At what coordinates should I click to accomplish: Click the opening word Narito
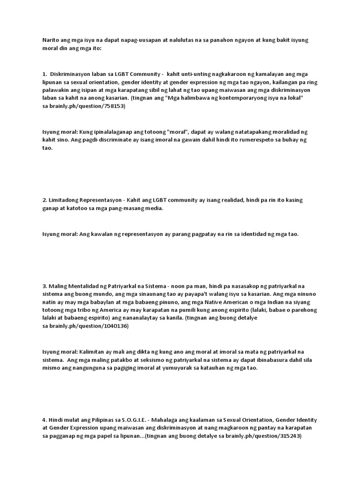pos(50,41)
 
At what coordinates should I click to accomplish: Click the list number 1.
pos(44,74)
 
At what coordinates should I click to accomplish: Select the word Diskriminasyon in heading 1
pos(71,74)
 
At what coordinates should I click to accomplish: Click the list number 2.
pos(44,200)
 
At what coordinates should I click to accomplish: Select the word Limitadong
pos(65,200)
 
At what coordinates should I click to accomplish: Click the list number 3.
pos(44,286)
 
